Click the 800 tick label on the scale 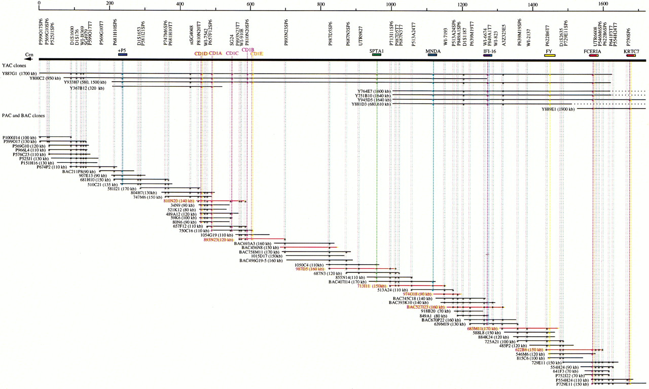(x=320, y=5)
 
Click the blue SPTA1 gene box (x=376, y=54)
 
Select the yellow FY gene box (x=549, y=55)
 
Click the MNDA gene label (x=433, y=51)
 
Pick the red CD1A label (x=215, y=53)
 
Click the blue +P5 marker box (x=122, y=54)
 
